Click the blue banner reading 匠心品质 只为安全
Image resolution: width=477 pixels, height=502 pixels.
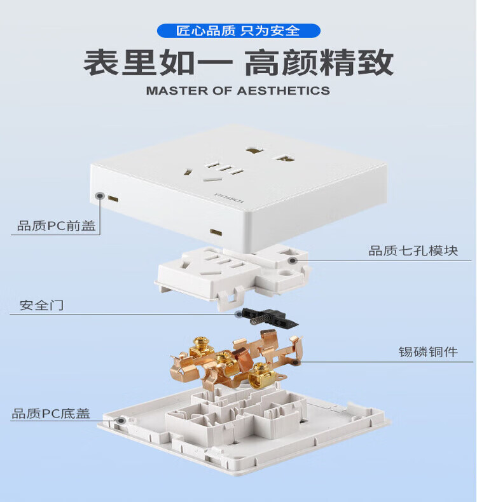pos(238,31)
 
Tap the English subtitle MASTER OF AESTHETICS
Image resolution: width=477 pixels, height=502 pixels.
pos(238,91)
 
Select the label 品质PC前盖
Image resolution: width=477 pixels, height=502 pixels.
pos(57,226)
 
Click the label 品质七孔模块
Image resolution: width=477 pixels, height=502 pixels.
pos(413,250)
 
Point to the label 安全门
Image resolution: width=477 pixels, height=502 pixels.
pos(41,305)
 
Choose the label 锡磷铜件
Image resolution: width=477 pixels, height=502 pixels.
pos(428,352)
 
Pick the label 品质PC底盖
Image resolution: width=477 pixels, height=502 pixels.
pos(51,413)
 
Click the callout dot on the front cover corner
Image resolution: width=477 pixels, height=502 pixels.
pos(100,195)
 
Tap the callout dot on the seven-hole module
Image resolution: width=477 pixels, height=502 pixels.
pos(292,261)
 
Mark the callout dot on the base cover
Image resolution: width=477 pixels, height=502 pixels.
pos(121,421)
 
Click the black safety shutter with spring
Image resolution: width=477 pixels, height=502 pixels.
pos(270,318)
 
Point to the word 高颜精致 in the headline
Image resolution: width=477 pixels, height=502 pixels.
pos(319,62)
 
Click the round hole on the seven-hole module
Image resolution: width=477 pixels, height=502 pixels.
pos(285,273)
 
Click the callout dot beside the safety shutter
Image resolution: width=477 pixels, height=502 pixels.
pos(238,315)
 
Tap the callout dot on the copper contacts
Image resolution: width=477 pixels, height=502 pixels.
pos(296,362)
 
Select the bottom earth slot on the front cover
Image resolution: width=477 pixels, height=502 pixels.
pos(212,180)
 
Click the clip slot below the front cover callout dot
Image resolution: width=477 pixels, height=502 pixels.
pos(113,199)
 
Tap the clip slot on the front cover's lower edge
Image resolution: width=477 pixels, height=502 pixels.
pos(216,233)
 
